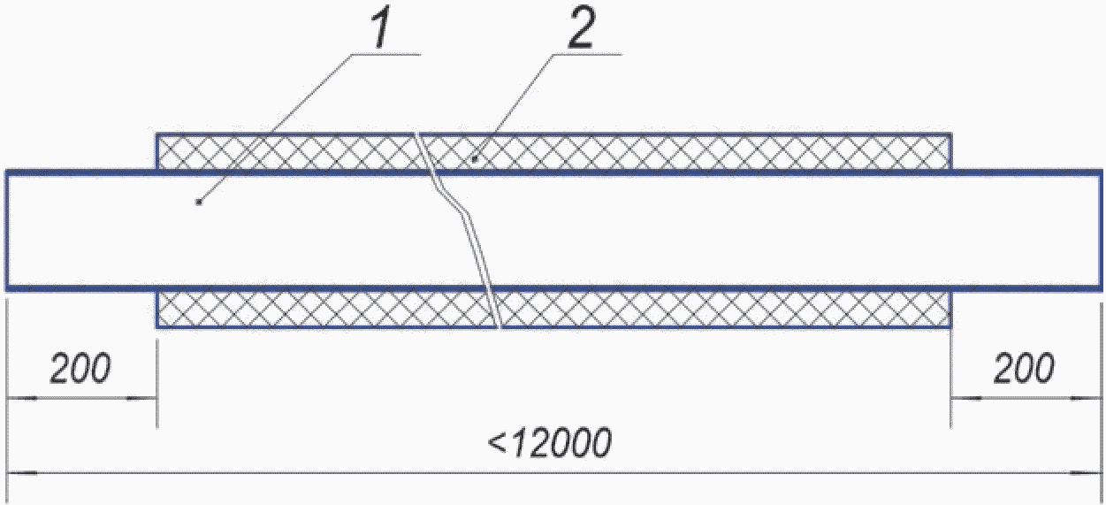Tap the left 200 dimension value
click(x=80, y=370)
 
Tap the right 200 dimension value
click(x=1023, y=370)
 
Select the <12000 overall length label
click(x=548, y=443)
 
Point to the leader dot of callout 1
click(x=199, y=203)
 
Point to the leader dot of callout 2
click(x=475, y=159)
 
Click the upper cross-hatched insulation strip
click(x=690, y=151)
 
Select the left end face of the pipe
click(x=8, y=230)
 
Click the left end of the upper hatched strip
click(x=158, y=151)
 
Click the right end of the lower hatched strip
click(x=950, y=309)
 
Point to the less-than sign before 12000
click(x=496, y=444)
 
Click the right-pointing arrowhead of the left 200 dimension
click(x=141, y=399)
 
